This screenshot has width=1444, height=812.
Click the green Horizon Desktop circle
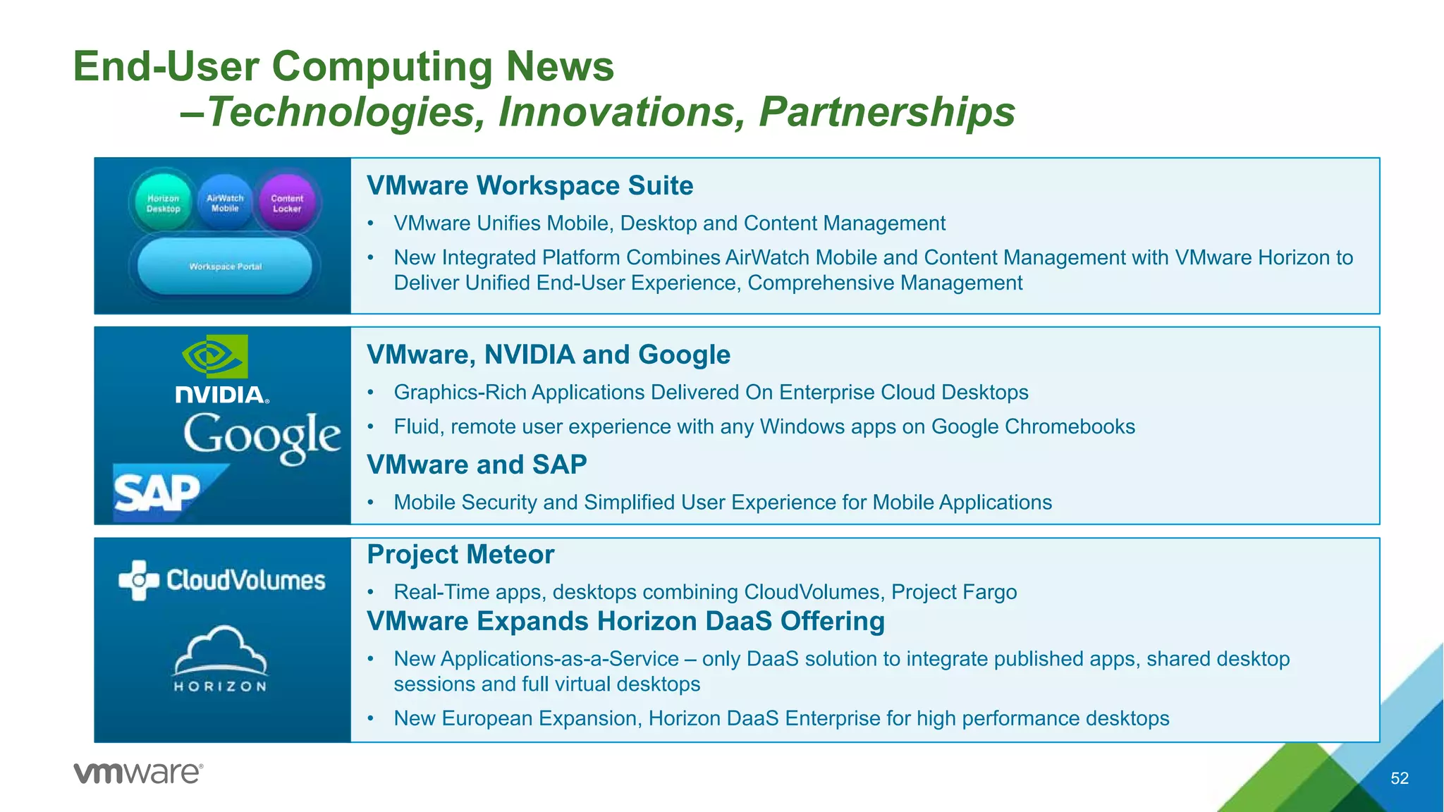pos(163,202)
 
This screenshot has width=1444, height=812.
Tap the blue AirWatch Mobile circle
pos(225,202)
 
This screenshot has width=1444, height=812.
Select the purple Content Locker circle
pos(287,202)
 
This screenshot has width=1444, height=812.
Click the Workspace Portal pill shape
pos(225,266)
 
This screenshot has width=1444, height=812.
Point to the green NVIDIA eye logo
pos(214,357)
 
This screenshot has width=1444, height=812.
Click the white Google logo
pos(262,437)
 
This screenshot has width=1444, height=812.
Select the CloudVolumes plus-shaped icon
pos(138,580)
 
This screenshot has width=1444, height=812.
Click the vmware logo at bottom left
pos(138,773)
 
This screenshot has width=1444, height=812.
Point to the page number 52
pos(1399,778)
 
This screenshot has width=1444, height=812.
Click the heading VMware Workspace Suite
pos(530,185)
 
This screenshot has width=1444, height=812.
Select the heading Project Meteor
pos(460,555)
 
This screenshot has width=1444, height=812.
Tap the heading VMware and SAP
pos(477,465)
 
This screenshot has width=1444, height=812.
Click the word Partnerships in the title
pos(886,111)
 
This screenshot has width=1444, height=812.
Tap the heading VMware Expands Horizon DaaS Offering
pos(625,622)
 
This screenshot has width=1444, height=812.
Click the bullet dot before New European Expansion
pos(370,719)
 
